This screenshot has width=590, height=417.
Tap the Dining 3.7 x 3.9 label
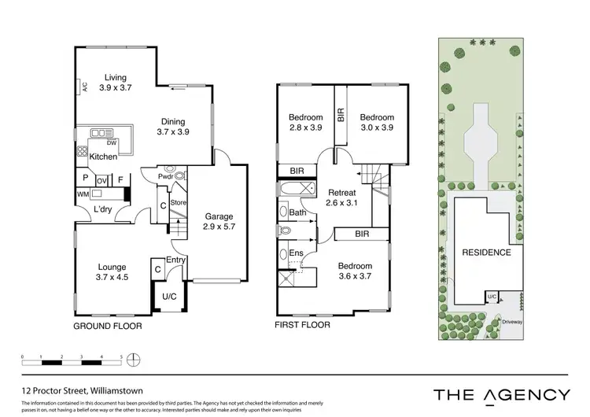tap(173, 127)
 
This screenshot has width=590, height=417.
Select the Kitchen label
tap(103, 157)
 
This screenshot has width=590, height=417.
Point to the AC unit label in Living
tap(83, 88)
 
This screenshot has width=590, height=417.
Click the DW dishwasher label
tap(112, 142)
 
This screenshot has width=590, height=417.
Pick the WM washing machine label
tap(81, 194)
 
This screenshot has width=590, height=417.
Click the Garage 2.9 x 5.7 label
tap(219, 222)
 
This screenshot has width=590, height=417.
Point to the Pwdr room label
tap(164, 177)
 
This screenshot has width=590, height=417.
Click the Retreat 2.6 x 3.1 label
tap(341, 196)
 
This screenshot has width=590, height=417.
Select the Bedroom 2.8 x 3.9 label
tap(305, 123)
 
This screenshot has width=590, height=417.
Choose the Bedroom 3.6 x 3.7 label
tap(354, 271)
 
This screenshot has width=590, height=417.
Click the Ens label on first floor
tap(297, 253)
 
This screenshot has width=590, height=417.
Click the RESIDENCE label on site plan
tap(485, 253)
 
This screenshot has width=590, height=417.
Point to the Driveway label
tap(512, 321)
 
